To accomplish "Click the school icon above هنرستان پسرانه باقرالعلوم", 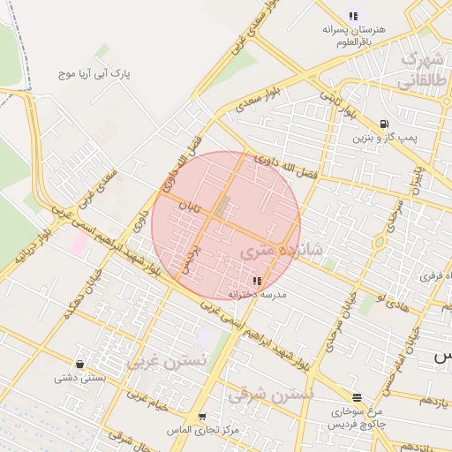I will tap(354, 16).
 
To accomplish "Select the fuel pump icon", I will tap(383, 124).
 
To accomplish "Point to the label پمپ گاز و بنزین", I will tap(384, 139).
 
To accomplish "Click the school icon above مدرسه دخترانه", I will tap(256, 280).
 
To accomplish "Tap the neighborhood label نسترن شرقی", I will tap(270, 395).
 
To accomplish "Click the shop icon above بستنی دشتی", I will tap(80, 364).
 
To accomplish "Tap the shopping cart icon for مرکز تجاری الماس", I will tap(202, 417).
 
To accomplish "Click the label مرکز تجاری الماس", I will tap(202, 430).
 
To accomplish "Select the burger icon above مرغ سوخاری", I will tap(357, 397).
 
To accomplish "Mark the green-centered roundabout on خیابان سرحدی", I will tap(379, 241).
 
